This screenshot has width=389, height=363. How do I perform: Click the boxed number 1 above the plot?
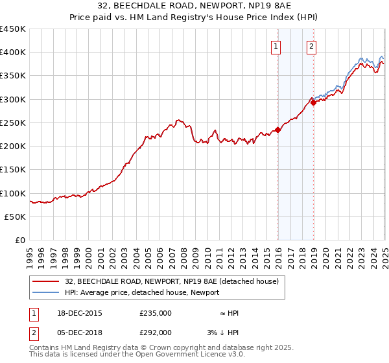point(276,46)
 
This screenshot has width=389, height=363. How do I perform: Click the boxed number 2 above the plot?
point(312,46)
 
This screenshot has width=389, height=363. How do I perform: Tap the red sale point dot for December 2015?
point(278,130)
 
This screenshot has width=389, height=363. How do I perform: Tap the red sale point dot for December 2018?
point(313,102)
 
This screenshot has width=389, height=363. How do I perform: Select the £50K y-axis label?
point(16,217)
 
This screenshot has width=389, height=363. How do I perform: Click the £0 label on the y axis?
point(20,240)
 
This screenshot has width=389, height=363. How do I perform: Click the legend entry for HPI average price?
point(141,292)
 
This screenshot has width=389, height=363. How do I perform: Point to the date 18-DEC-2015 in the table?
point(80,313)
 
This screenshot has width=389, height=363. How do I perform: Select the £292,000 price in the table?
point(156,333)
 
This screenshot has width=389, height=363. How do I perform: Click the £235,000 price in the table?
point(156,313)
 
